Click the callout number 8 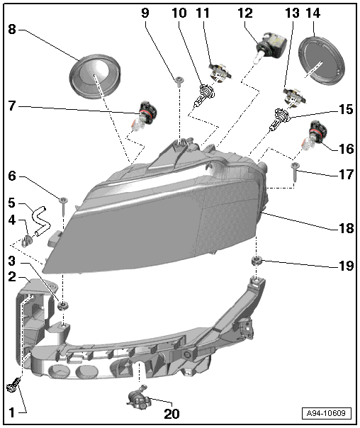click(12, 29)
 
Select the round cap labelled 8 click(95, 76)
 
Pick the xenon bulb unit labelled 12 click(271, 47)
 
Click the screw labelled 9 click(179, 81)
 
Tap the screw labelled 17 click(295, 171)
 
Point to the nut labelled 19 click(257, 261)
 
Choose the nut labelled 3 click(63, 305)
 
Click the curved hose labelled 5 click(42, 221)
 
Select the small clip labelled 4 click(27, 240)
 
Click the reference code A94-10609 click(327, 413)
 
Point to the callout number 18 click(346, 227)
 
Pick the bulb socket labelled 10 click(204, 95)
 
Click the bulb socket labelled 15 click(280, 119)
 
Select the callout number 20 click(171, 413)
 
